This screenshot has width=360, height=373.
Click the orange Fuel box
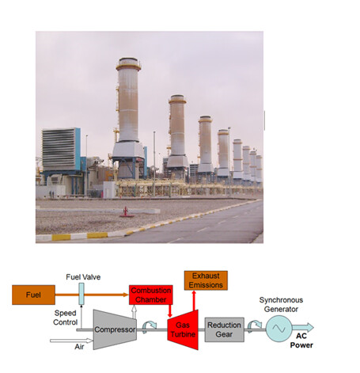pos(33,295)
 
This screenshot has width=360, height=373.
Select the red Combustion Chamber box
pos(151,295)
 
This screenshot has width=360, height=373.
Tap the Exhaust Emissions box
pos(206,280)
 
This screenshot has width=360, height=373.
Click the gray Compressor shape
pos(115,329)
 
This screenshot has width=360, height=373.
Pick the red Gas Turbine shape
pos(183,329)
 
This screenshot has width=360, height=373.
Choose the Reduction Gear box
pos(224,329)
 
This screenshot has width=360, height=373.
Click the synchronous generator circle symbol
pos(279,329)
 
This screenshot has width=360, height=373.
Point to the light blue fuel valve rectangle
pos(81,294)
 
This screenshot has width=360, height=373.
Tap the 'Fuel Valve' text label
pos(83,277)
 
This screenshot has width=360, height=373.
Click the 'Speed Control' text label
pos(65,318)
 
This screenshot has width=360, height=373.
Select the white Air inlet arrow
pos(71,341)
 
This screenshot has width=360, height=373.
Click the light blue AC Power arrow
pos(303,328)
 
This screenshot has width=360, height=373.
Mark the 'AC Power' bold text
pos(301,341)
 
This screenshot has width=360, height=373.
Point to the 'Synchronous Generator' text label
pos(281,304)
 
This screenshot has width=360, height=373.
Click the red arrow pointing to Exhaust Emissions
pos(194,301)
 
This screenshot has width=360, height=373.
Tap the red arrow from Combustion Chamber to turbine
pos(170,311)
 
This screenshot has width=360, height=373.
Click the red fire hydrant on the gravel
pos(126,211)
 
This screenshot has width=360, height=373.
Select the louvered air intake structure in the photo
pos(61,149)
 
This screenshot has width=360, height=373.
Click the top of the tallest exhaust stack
pos(128,59)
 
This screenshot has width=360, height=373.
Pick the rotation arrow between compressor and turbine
pos(149,326)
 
